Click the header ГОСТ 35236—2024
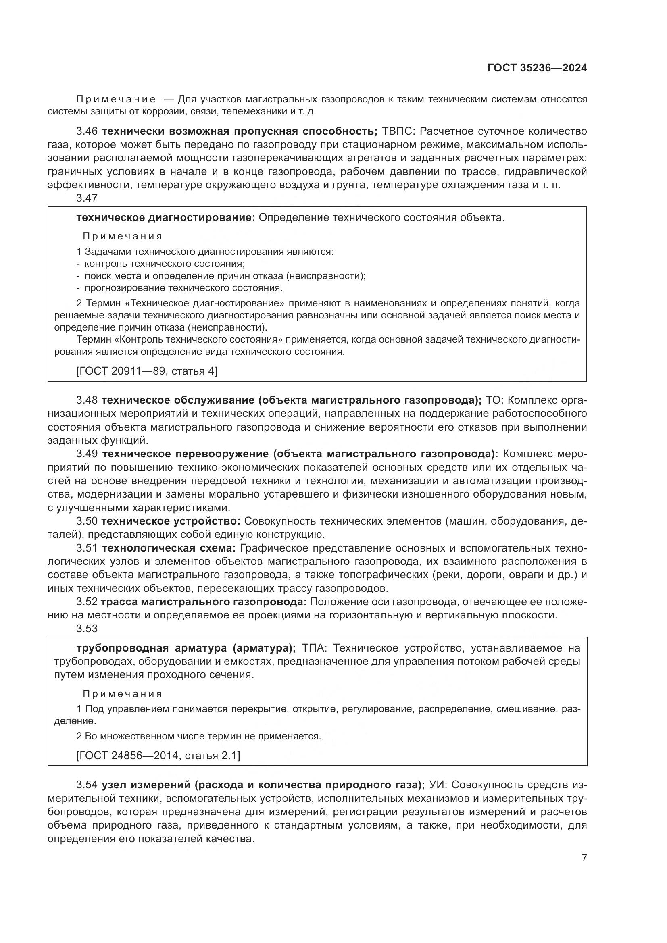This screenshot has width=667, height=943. [537, 68]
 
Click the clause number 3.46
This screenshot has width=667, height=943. [87, 131]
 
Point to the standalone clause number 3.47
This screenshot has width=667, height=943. [87, 198]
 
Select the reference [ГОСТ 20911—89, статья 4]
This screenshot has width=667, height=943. [147, 371]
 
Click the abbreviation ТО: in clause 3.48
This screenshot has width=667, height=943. [494, 400]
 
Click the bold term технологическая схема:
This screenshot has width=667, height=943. [169, 548]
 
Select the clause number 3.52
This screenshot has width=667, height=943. [87, 602]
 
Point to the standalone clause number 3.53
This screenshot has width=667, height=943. [87, 629]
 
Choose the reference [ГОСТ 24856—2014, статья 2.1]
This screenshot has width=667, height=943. [158, 755]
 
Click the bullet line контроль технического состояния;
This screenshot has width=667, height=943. [164, 264]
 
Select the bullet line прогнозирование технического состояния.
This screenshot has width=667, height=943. [183, 288]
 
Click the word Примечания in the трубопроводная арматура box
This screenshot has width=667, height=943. [123, 694]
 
